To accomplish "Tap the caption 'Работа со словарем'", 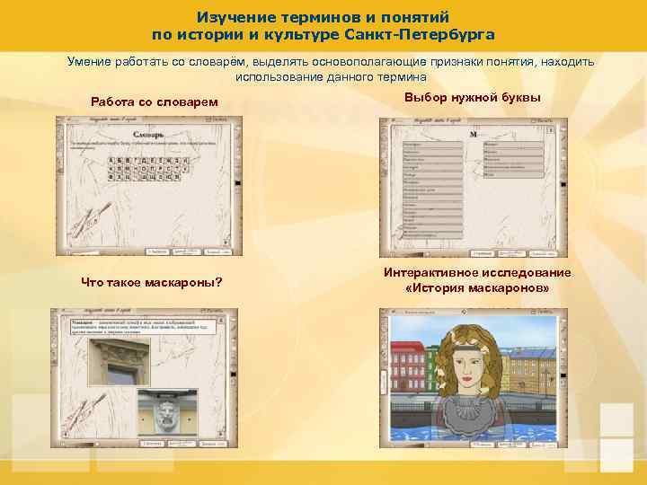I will (155, 101).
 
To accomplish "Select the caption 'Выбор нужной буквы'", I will (473, 96).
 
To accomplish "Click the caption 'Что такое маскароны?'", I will (152, 283).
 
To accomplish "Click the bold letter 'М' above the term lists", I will (474, 133).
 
